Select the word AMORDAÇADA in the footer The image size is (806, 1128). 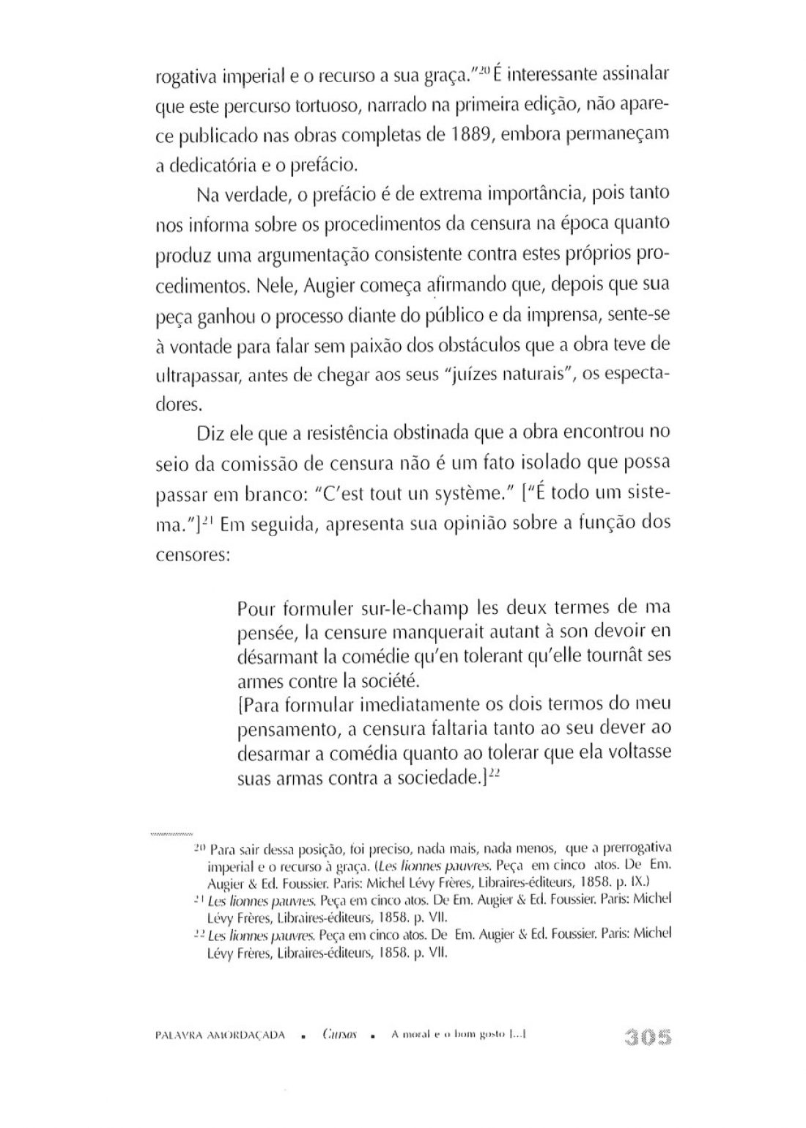pos(246,1036)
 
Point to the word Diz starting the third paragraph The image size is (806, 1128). pos(209,433)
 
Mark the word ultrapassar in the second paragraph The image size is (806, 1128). pos(198,374)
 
